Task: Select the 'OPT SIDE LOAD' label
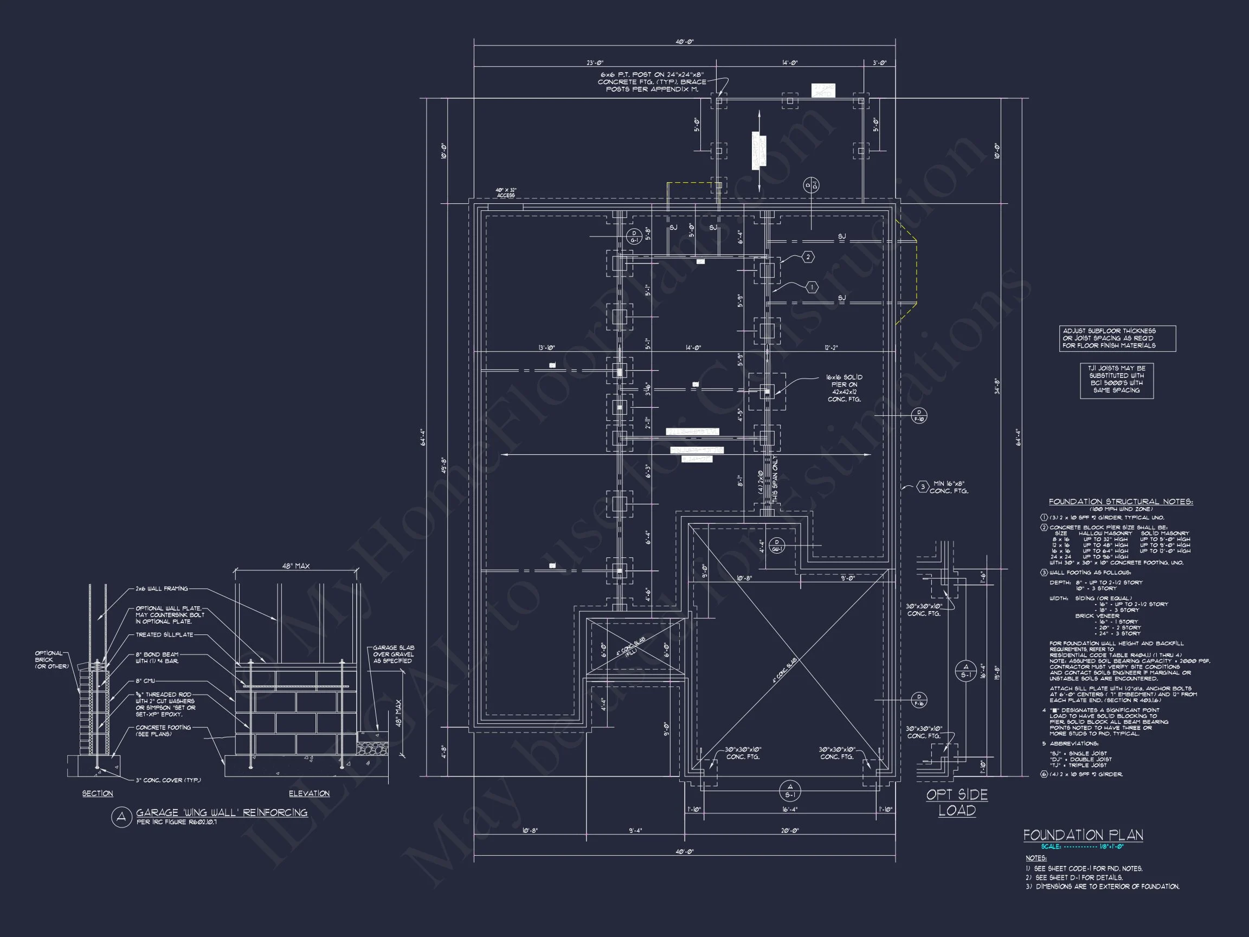[957, 803]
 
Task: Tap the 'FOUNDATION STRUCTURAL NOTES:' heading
[1121, 502]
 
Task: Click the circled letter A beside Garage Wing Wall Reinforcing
[121, 817]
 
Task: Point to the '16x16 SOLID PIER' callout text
[844, 388]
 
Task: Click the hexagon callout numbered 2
[808, 257]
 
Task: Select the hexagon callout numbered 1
[812, 287]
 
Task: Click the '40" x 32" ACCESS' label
[506, 192]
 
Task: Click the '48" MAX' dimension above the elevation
[296, 566]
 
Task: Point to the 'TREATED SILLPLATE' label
[164, 635]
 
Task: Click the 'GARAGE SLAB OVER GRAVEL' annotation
[393, 654]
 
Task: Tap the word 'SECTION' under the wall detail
[98, 793]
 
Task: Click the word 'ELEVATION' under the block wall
[309, 793]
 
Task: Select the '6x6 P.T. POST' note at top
[652, 82]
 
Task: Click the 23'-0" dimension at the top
[595, 63]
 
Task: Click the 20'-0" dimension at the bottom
[790, 831]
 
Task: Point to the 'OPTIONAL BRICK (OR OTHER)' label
[51, 660]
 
